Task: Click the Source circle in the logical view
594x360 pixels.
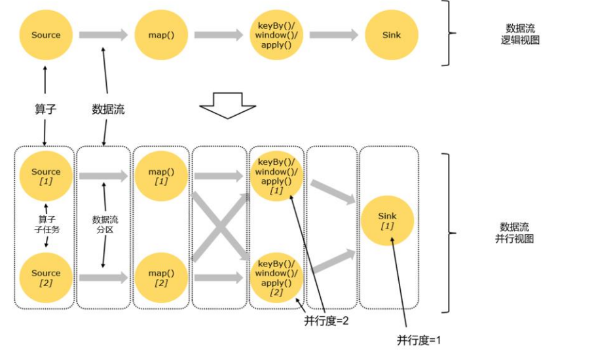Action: tap(45, 35)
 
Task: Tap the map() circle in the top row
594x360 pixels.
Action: tap(160, 35)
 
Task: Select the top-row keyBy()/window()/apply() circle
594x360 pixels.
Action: tap(276, 35)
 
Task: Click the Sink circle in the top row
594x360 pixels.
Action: tap(391, 35)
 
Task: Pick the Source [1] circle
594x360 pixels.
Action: tap(45, 175)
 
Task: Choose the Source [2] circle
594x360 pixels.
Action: tap(45, 277)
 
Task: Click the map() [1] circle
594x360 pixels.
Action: tap(160, 175)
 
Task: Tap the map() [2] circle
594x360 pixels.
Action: tap(160, 277)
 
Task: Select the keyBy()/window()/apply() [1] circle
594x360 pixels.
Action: tap(276, 175)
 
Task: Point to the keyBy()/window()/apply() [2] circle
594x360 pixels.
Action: tap(276, 277)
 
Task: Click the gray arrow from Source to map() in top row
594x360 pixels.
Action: tap(103, 35)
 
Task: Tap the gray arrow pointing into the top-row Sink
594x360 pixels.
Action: tap(333, 35)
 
